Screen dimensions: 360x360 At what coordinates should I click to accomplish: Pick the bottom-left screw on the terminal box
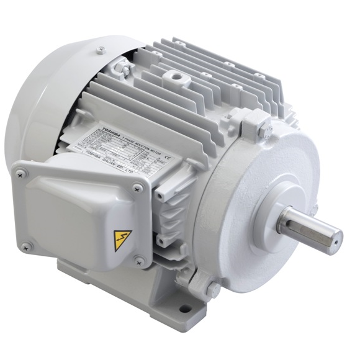(x=25, y=247)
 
